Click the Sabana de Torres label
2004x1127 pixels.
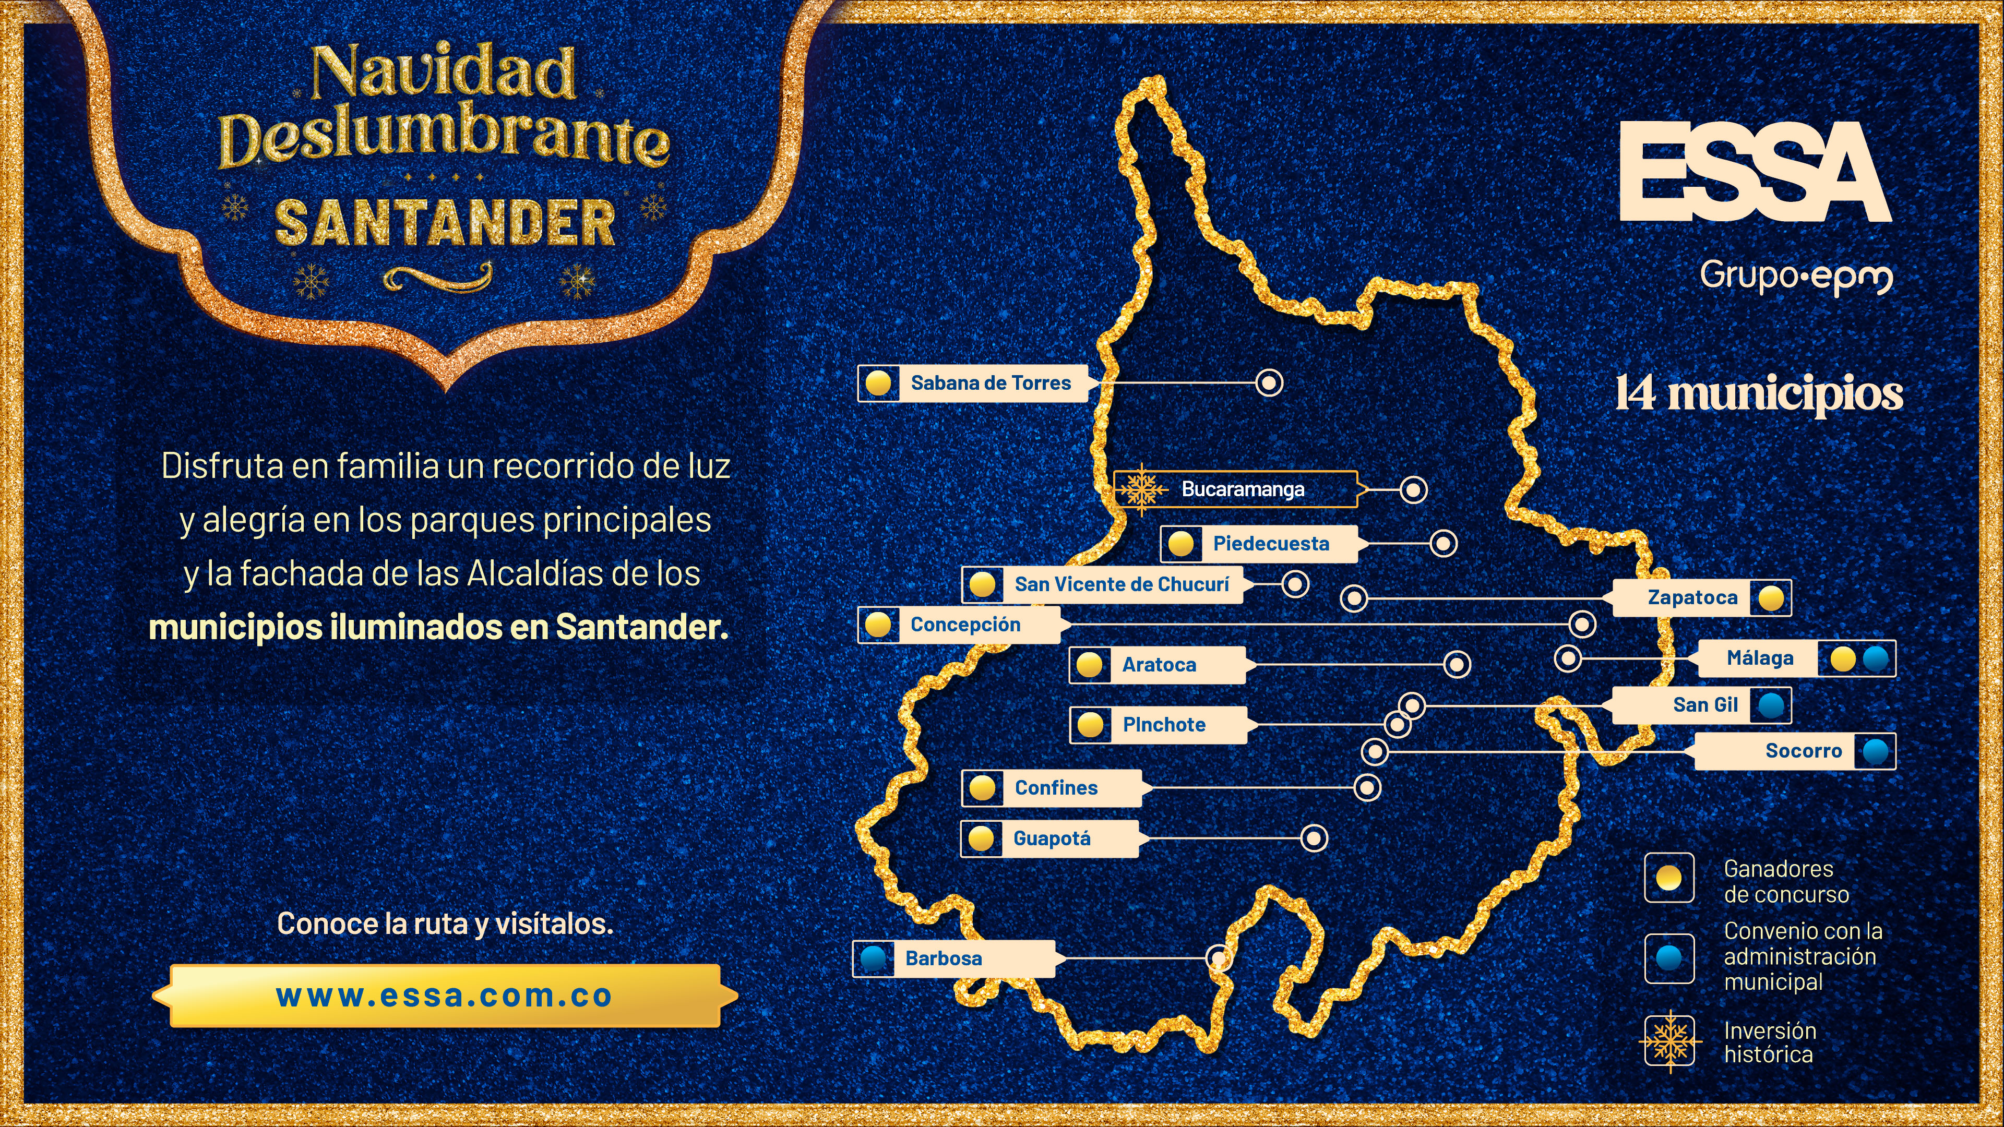(991, 382)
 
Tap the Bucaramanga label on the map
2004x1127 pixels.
(1243, 489)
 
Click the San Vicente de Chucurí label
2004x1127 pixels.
(1121, 584)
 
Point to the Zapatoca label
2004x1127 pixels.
(1692, 597)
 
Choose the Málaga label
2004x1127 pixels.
(1760, 658)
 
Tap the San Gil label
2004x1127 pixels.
(1705, 705)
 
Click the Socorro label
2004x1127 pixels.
(1803, 751)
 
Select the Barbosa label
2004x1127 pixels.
(943, 958)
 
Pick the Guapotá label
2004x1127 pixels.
(1052, 838)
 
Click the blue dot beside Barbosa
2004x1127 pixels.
(873, 958)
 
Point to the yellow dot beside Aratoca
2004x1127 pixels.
(1089, 665)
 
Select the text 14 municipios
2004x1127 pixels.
(1758, 393)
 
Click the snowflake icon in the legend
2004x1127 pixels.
(1669, 1041)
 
